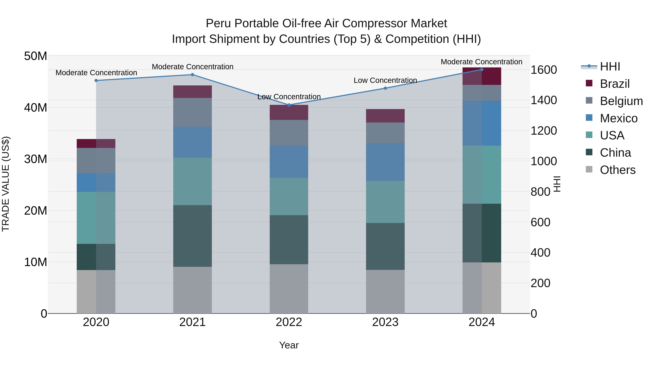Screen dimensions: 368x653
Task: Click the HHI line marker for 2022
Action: pyautogui.click(x=289, y=105)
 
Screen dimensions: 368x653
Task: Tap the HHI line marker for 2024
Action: pyautogui.click(x=482, y=70)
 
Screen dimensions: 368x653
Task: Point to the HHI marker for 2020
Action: pyautogui.click(x=96, y=81)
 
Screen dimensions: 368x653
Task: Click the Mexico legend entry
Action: pyautogui.click(x=618, y=118)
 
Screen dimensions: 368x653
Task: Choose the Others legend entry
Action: pyautogui.click(x=617, y=170)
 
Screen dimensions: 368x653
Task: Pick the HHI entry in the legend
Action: pyautogui.click(x=610, y=67)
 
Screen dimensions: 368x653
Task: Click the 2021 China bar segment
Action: pyautogui.click(x=192, y=236)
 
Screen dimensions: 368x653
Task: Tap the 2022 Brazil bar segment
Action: pyautogui.click(x=289, y=112)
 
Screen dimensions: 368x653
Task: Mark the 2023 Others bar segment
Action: pyautogui.click(x=385, y=291)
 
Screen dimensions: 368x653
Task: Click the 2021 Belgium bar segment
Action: pyautogui.click(x=192, y=112)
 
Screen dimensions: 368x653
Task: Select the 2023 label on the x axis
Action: pyautogui.click(x=385, y=322)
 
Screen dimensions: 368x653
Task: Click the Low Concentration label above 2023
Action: pyautogui.click(x=385, y=80)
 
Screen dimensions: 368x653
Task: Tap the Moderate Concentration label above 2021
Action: pyautogui.click(x=192, y=67)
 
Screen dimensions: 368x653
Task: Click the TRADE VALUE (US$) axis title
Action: pyautogui.click(x=6, y=184)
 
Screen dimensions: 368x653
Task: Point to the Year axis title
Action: pyautogui.click(x=289, y=345)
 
